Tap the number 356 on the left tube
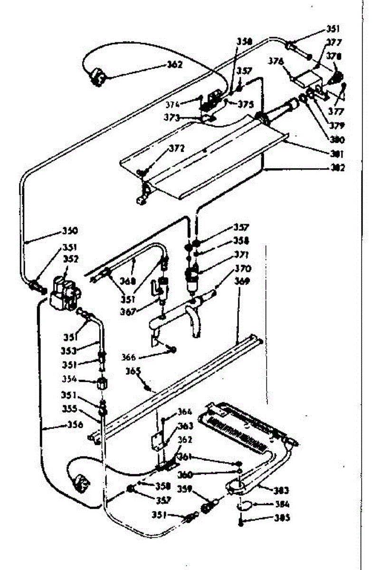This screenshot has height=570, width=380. [75, 425]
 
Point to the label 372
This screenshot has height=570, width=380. [176, 149]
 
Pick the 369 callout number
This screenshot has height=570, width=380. [243, 281]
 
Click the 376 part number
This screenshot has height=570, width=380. [276, 61]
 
